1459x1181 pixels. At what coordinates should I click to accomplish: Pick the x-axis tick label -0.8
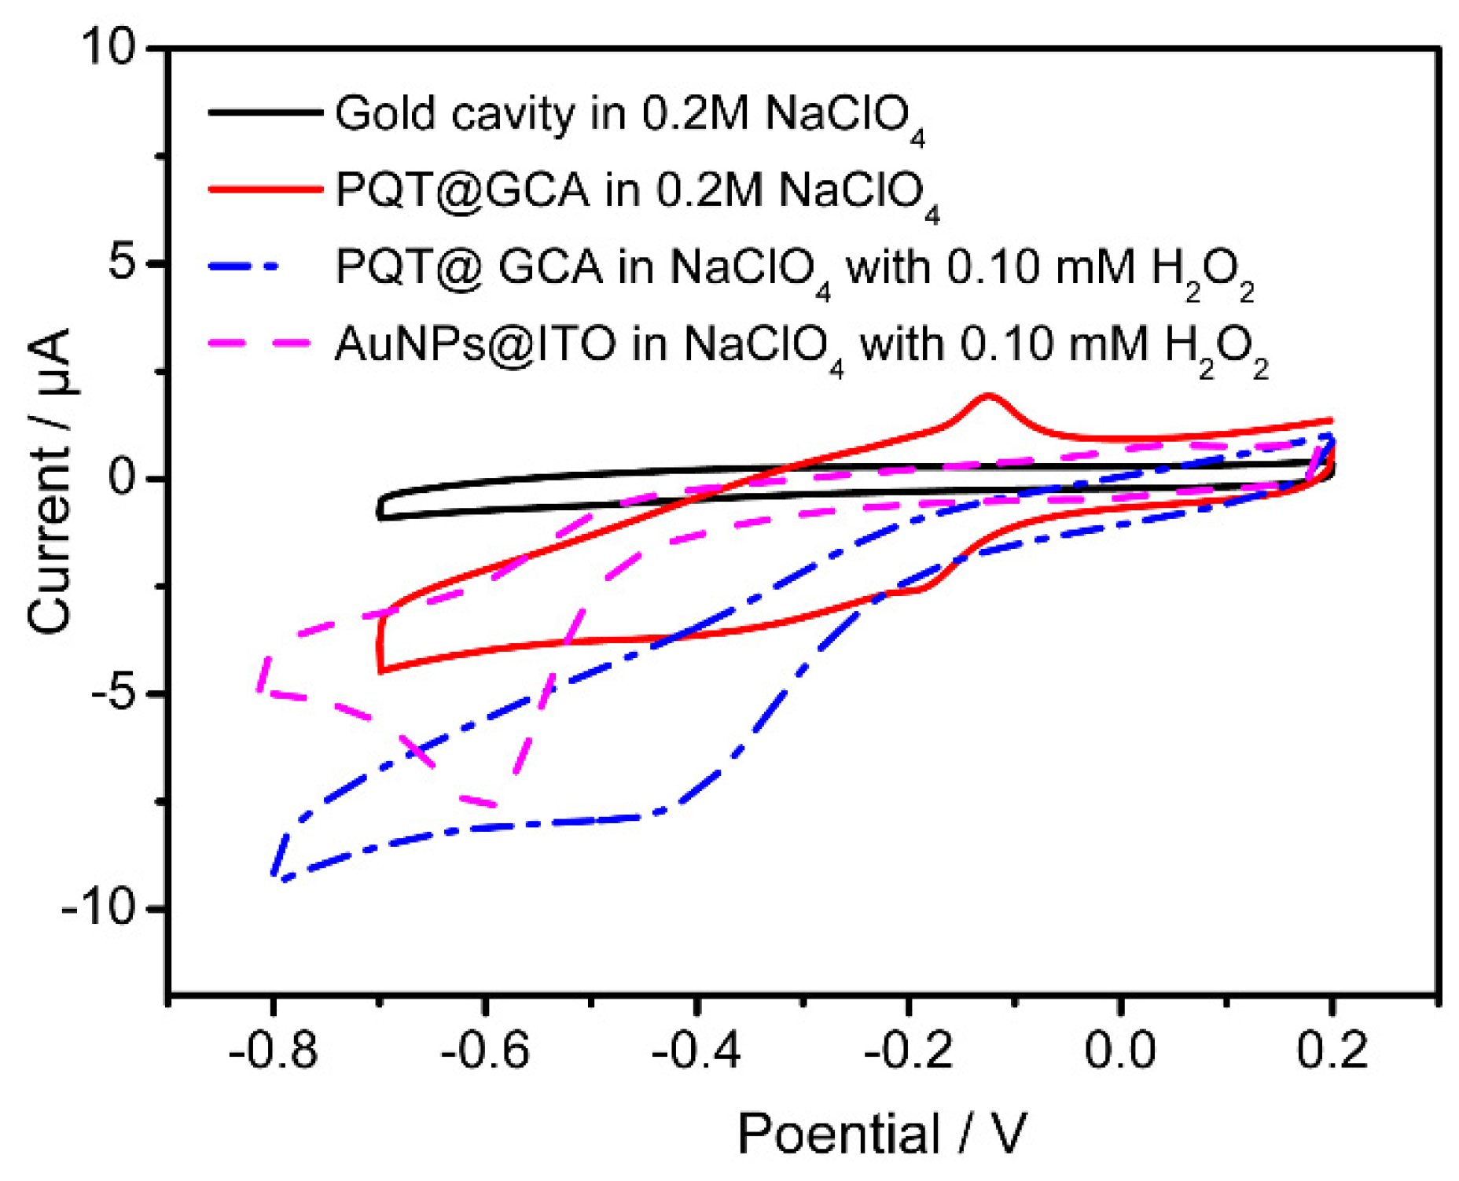click(x=272, y=1050)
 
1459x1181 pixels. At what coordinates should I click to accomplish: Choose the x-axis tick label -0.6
click(x=484, y=1050)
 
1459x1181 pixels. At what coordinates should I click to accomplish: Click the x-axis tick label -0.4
click(x=696, y=1050)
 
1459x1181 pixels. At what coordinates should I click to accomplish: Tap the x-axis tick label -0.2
click(x=908, y=1050)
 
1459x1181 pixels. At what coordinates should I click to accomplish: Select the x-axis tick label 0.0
click(x=1120, y=1050)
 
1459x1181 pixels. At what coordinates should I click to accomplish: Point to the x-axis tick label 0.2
click(x=1332, y=1050)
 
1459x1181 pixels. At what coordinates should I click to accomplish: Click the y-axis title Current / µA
click(x=50, y=480)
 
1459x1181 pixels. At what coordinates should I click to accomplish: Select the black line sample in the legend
click(x=265, y=112)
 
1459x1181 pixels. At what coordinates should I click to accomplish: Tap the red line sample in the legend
click(x=265, y=189)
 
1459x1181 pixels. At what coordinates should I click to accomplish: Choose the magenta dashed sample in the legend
click(x=259, y=343)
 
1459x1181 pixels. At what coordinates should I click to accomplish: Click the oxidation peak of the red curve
click(x=988, y=396)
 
